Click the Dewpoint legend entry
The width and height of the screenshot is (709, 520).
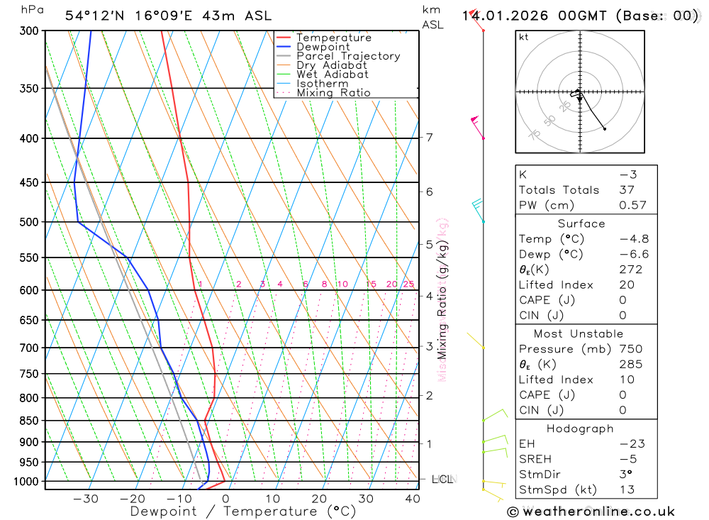(x=323, y=47)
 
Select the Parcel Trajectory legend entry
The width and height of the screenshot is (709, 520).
(x=348, y=56)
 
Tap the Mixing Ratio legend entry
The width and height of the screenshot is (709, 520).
(x=333, y=92)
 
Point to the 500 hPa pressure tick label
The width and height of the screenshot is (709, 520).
(x=28, y=222)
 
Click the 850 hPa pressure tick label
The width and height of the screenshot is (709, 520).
(x=28, y=421)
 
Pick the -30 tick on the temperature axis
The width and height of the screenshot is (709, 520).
(x=86, y=499)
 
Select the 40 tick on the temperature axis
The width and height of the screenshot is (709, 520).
(x=412, y=499)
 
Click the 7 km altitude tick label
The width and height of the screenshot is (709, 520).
(x=430, y=138)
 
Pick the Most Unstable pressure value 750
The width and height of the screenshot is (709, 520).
(x=630, y=349)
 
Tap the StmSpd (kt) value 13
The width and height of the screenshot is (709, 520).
(x=627, y=489)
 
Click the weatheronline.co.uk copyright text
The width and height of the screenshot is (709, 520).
(x=591, y=511)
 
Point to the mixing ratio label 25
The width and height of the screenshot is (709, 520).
(x=408, y=284)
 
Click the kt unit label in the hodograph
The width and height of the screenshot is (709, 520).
(x=524, y=37)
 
